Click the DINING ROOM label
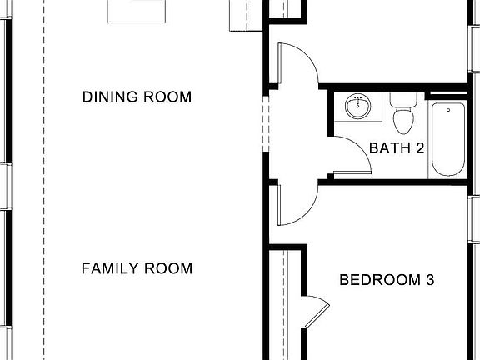pyautogui.click(x=137, y=97)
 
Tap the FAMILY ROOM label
pyautogui.click(x=137, y=268)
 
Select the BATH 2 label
pyautogui.click(x=397, y=149)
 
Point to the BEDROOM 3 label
pyautogui.click(x=387, y=280)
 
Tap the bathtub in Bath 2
pyautogui.click(x=448, y=139)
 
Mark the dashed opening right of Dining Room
pyautogui.click(x=265, y=125)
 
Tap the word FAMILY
pyautogui.click(x=108, y=268)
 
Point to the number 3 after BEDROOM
pyautogui.click(x=430, y=280)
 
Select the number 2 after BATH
pyautogui.click(x=421, y=149)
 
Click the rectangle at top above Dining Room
pyautogui.click(x=134, y=10)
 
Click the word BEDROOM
pyautogui.click(x=378, y=280)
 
